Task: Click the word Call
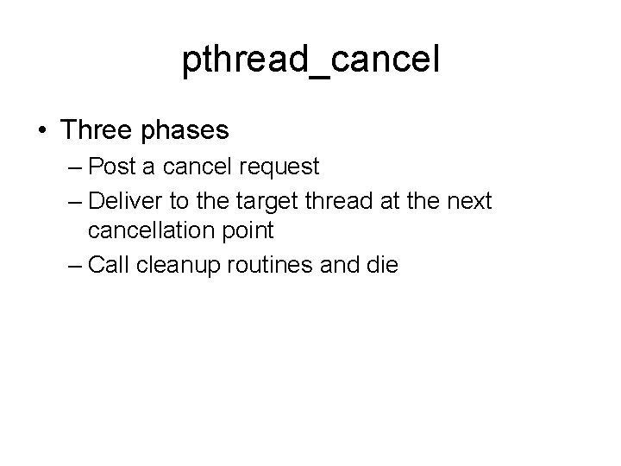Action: [x=108, y=265]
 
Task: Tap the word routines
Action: [x=274, y=265]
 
